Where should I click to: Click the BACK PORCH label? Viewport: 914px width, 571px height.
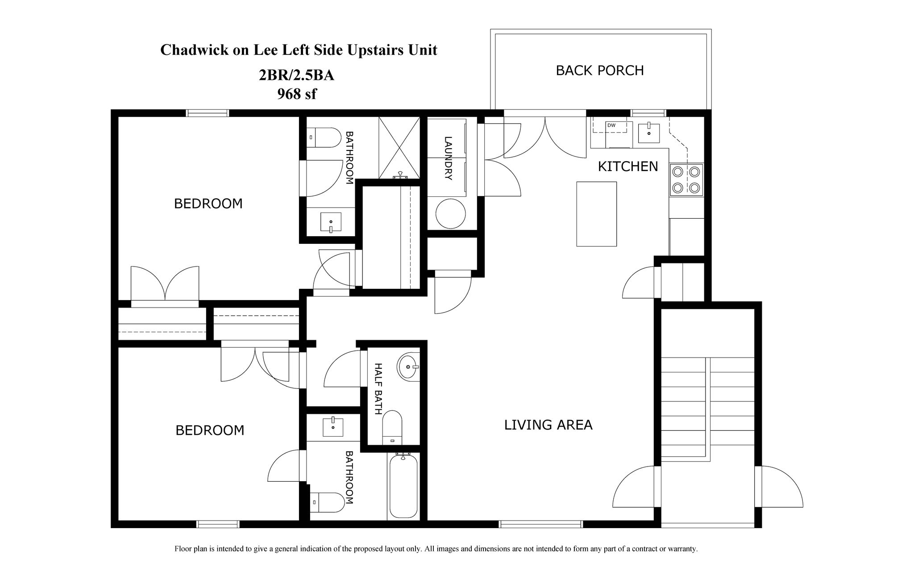(x=599, y=71)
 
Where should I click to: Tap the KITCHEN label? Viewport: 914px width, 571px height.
(x=627, y=167)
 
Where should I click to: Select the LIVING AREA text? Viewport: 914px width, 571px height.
(x=548, y=425)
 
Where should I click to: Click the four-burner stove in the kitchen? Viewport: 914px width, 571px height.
(x=686, y=180)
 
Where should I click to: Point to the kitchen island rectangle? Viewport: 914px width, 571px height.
(x=596, y=214)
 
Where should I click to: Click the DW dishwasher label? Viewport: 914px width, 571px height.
(x=611, y=125)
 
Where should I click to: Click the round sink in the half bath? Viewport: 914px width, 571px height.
(x=408, y=367)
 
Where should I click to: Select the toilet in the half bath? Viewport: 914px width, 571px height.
(x=392, y=427)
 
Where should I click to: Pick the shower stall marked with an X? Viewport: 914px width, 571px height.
(x=399, y=147)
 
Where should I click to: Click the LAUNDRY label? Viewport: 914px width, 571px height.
(x=448, y=158)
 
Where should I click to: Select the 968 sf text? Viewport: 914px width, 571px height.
(x=297, y=94)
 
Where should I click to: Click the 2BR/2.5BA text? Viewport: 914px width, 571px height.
(x=296, y=75)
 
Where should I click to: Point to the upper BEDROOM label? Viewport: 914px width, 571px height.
(x=208, y=204)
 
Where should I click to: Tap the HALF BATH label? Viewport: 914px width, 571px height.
(x=378, y=388)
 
